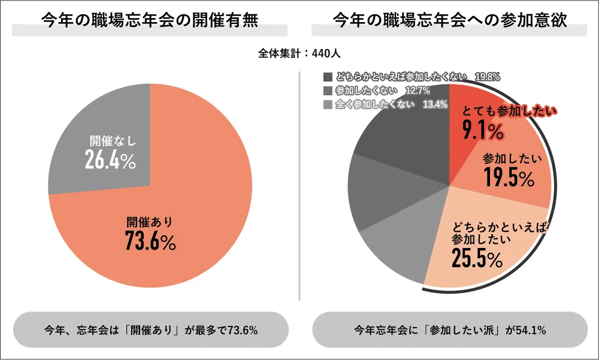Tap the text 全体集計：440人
[299, 53]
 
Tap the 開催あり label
[149, 222]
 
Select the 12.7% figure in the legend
[418, 91]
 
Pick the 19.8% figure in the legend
[488, 77]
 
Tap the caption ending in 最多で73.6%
[150, 329]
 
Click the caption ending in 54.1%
[450, 329]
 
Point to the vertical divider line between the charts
[299, 186]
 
